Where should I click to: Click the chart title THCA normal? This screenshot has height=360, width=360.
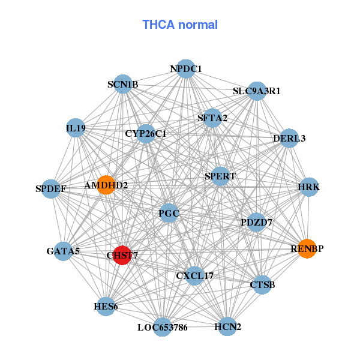point(180,25)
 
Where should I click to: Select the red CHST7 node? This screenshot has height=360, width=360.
point(122,255)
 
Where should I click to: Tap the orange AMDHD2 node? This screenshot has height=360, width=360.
point(106,185)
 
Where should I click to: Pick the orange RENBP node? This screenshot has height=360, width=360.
point(307,248)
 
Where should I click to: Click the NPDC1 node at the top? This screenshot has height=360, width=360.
point(185,69)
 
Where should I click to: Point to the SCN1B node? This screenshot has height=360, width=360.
point(122,85)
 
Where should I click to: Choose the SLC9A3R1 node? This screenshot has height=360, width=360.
point(257,91)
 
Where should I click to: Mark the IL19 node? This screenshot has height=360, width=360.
point(76,128)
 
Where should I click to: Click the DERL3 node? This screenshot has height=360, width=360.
point(289,139)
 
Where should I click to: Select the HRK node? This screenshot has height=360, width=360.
point(309,187)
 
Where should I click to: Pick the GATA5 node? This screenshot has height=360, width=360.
point(63,251)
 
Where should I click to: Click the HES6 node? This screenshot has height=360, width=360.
point(106,307)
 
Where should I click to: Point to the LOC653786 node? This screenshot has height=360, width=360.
point(162,327)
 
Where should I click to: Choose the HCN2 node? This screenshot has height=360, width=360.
point(227,326)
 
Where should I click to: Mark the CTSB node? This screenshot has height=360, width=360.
point(262,284)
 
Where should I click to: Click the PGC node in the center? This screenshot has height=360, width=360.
point(169,213)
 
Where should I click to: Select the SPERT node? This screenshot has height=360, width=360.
point(220,176)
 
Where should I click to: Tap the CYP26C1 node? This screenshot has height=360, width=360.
point(146,133)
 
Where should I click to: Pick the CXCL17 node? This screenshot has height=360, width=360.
point(194,275)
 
